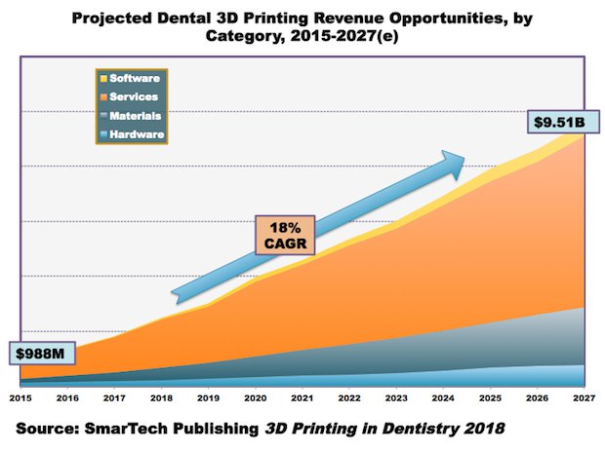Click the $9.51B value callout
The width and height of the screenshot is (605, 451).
point(559,123)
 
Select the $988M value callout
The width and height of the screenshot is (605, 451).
point(38,351)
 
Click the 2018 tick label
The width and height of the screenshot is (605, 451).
point(160,397)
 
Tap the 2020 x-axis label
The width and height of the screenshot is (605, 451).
point(255,397)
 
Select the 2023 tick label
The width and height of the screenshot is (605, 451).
point(396,397)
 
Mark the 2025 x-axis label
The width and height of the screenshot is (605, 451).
point(490,397)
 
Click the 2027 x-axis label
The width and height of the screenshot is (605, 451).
point(584,397)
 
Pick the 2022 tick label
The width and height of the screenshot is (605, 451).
point(348,397)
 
